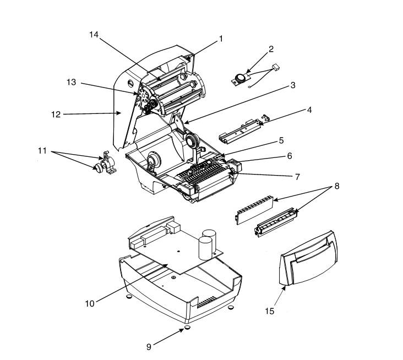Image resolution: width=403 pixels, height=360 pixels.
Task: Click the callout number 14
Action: (x=94, y=35)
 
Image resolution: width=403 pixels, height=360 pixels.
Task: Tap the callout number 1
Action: (x=221, y=39)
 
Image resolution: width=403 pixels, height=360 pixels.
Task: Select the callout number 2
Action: (x=271, y=49)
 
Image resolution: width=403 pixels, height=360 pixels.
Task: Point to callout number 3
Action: (x=293, y=85)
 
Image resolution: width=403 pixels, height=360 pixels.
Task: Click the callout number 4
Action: (x=309, y=110)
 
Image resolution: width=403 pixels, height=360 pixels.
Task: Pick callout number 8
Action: (x=337, y=186)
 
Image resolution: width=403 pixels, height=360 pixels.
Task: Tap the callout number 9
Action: (x=149, y=347)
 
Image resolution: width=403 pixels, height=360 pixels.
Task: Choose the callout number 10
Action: (x=90, y=304)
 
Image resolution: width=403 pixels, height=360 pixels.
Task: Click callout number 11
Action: (x=42, y=151)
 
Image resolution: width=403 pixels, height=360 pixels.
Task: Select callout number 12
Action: (x=56, y=114)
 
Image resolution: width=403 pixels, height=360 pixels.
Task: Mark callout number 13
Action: (x=71, y=82)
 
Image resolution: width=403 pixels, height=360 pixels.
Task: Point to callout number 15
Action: (x=270, y=311)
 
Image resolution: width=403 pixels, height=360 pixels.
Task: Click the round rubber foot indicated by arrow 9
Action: (x=188, y=328)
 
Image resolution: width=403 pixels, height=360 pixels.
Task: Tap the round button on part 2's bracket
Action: (x=241, y=78)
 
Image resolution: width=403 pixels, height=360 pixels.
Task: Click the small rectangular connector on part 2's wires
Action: (x=276, y=68)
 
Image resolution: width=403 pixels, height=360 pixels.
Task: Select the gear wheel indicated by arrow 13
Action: (x=143, y=95)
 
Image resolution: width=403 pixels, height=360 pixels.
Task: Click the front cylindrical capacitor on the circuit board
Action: (x=205, y=248)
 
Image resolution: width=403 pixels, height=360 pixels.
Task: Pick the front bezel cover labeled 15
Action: (x=308, y=258)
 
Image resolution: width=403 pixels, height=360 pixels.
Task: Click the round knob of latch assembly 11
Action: (x=99, y=167)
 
